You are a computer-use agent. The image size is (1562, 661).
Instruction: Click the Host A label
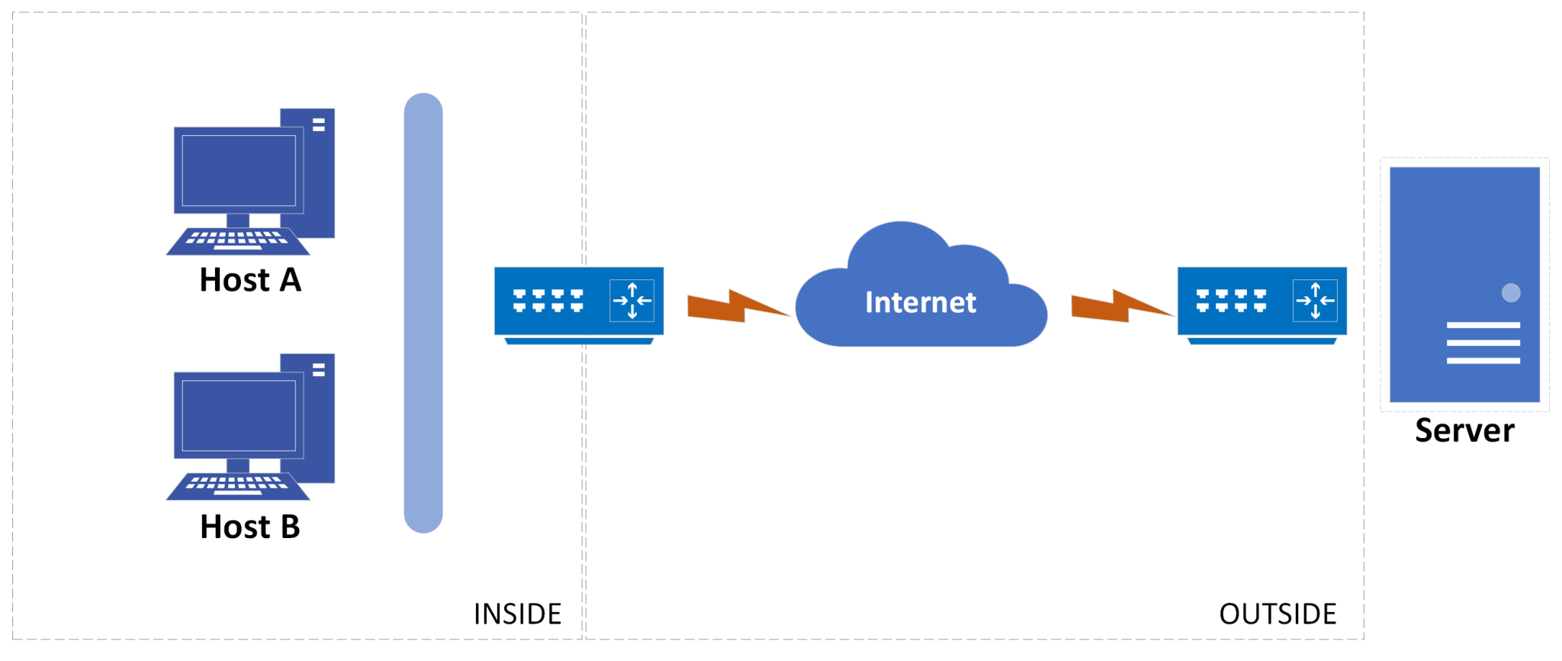pyautogui.click(x=250, y=280)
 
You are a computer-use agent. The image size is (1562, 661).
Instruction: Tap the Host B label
pyautogui.click(x=250, y=527)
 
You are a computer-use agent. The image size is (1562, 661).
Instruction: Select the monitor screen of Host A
pyautogui.click(x=239, y=170)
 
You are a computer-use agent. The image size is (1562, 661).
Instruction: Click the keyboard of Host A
pyautogui.click(x=237, y=240)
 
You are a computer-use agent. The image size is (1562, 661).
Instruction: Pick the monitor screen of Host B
pyautogui.click(x=239, y=416)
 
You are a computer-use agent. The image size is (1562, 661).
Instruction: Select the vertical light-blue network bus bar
pyautogui.click(x=423, y=313)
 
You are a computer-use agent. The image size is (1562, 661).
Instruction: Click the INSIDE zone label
pyautogui.click(x=517, y=614)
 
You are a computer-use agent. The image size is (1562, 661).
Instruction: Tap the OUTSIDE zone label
pyautogui.click(x=1278, y=614)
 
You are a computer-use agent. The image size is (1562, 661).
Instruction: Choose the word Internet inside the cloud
pyautogui.click(x=921, y=302)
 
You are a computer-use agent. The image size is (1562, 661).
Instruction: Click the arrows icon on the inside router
pyautogui.click(x=632, y=301)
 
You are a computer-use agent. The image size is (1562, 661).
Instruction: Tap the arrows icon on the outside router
pyautogui.click(x=1315, y=301)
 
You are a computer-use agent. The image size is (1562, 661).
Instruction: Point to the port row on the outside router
pyautogui.click(x=1231, y=301)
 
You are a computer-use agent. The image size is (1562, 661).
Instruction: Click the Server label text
pyautogui.click(x=1464, y=430)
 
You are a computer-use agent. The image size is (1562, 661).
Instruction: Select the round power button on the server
pyautogui.click(x=1510, y=293)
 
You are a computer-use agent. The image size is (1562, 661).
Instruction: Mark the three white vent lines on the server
pyautogui.click(x=1483, y=343)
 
